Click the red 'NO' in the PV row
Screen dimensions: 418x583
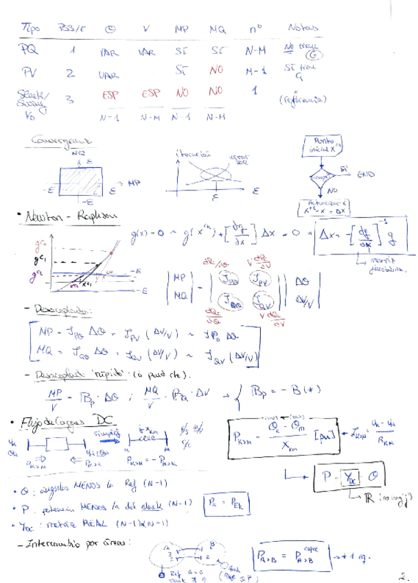(x=216, y=70)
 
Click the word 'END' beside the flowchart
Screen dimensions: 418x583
(x=366, y=175)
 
